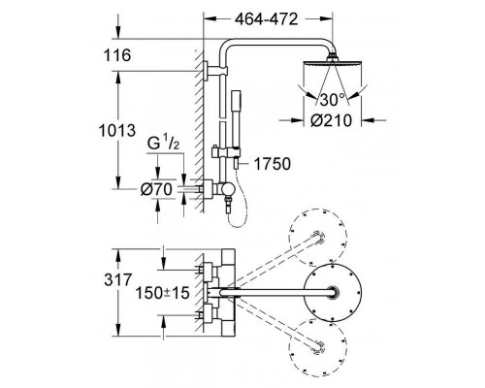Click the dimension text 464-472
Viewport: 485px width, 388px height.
click(266, 19)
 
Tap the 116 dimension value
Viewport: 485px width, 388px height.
click(117, 55)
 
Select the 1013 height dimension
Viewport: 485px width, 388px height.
click(117, 131)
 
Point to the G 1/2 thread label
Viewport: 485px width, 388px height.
click(163, 143)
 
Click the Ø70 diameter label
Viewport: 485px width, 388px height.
click(156, 189)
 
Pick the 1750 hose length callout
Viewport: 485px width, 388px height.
click(273, 164)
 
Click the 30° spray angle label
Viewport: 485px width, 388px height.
click(333, 100)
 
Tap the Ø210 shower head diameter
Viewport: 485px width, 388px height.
click(332, 120)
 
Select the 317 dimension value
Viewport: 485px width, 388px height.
click(118, 279)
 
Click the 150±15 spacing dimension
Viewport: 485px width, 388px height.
click(162, 293)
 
